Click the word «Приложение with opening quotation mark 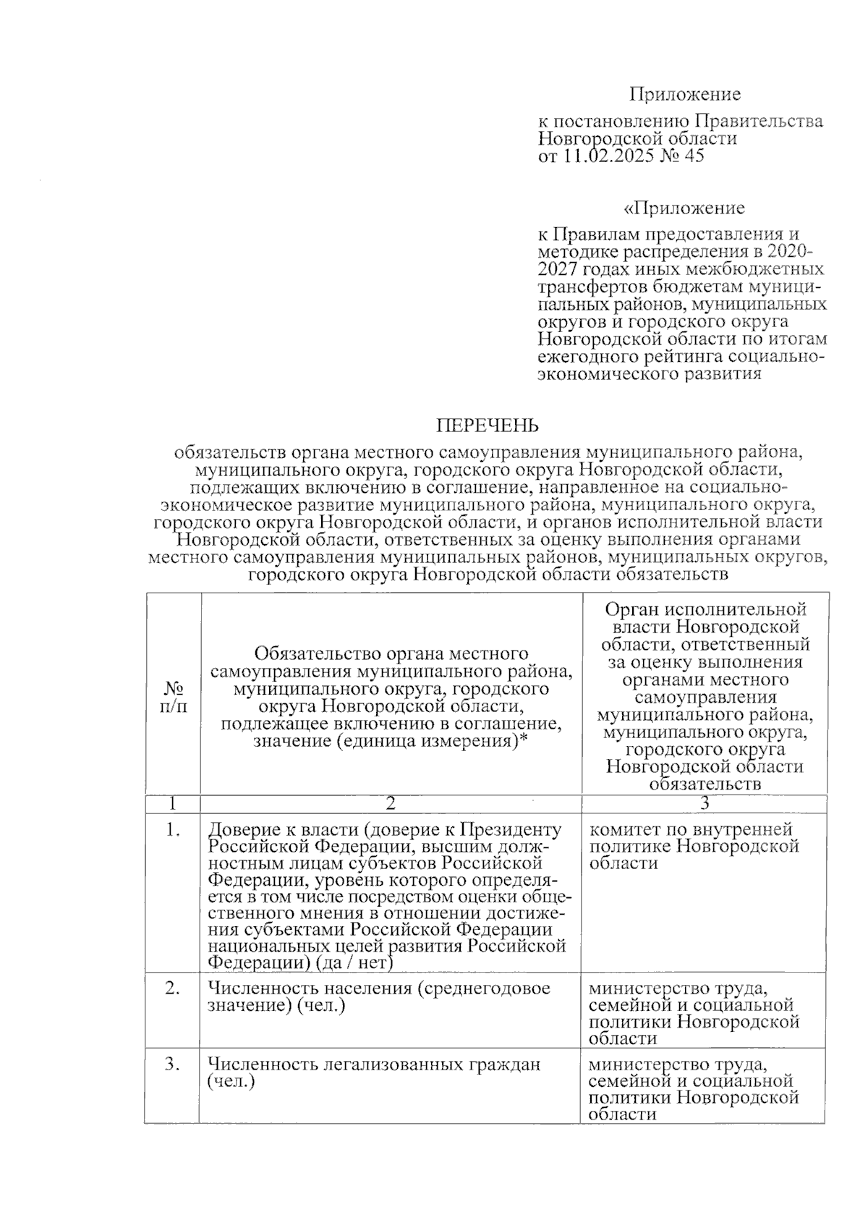tap(684, 209)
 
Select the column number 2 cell tap(391, 803)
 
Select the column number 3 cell tap(705, 803)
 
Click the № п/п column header tap(172, 696)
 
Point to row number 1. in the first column tap(172, 831)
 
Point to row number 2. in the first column tap(172, 988)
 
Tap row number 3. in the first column tap(172, 1065)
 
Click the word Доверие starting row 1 tap(243, 830)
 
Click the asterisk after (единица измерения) tap(523, 742)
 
